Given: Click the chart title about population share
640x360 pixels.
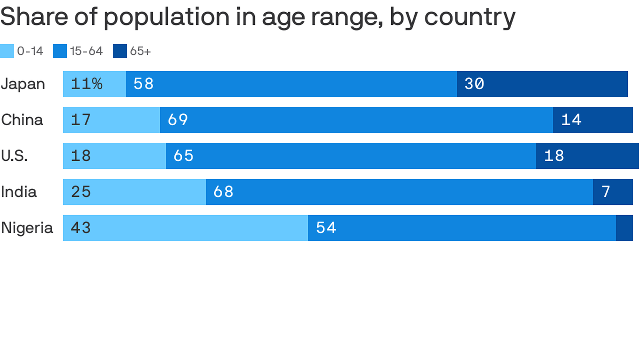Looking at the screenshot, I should (258, 17).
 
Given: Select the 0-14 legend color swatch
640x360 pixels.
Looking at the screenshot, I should (7, 51).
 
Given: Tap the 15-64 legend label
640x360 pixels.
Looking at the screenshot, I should (86, 51).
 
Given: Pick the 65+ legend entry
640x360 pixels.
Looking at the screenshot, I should (140, 51).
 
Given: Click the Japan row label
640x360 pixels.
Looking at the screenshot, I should (23, 84).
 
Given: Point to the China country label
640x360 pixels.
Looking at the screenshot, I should (22, 120).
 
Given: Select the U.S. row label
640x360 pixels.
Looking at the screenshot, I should (15, 156).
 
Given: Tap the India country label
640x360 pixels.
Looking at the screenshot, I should (19, 192).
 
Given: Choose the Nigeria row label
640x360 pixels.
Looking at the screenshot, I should (27, 228).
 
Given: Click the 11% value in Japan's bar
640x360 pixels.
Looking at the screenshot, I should (87, 84).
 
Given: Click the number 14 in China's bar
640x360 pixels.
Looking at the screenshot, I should (571, 120).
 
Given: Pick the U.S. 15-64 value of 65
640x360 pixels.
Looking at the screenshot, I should (184, 156).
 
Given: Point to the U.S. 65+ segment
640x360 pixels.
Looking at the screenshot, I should (587, 156).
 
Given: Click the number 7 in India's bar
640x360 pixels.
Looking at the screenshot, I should (606, 192).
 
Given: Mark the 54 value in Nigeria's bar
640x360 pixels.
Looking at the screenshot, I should (326, 228).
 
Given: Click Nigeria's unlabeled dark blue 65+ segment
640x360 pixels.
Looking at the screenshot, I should (625, 228).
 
